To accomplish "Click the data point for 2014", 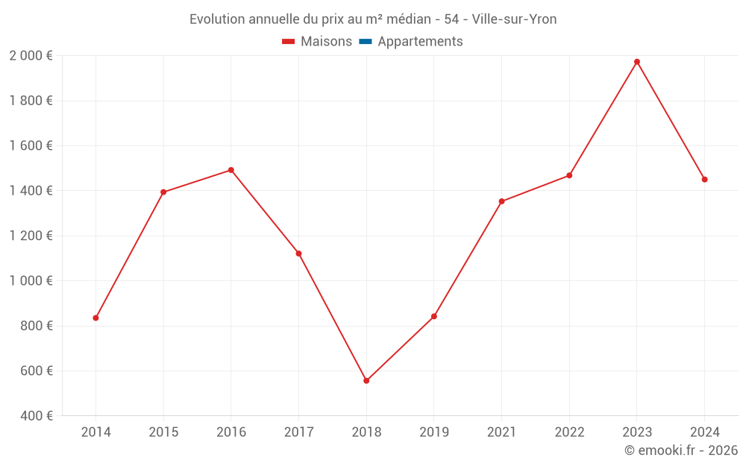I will click(95, 318).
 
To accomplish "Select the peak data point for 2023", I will click(637, 62).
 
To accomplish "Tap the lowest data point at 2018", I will click(366, 381).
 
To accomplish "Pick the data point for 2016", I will click(231, 170).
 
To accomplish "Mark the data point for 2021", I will click(501, 201).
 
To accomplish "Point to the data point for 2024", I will click(704, 180).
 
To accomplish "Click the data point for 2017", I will click(298, 254).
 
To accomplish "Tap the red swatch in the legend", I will click(289, 42).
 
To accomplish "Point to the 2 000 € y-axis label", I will click(31, 56).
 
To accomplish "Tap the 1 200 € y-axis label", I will click(31, 236).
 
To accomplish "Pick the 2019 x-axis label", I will click(433, 432).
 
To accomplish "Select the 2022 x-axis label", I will click(569, 432).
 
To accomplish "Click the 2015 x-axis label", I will click(163, 432).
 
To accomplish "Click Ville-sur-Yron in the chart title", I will click(514, 19).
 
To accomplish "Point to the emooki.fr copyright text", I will click(680, 450).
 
